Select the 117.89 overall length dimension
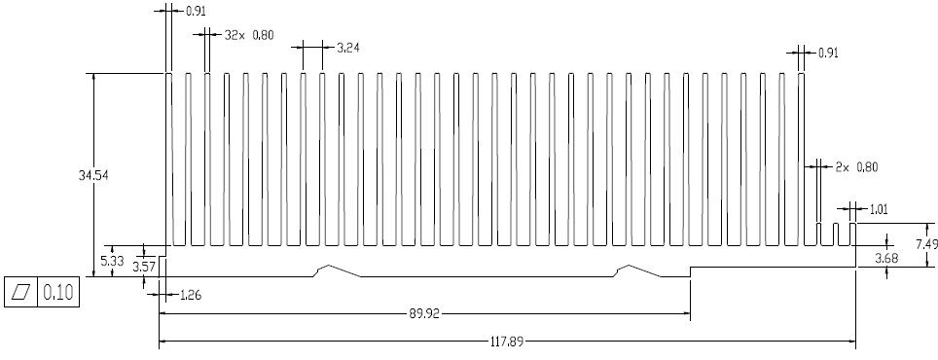pyautogui.click(x=507, y=342)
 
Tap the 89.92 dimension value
pyautogui.click(x=424, y=313)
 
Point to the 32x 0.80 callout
pyautogui.click(x=249, y=35)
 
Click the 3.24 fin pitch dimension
pyautogui.click(x=348, y=48)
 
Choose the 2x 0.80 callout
pyautogui.click(x=856, y=167)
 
